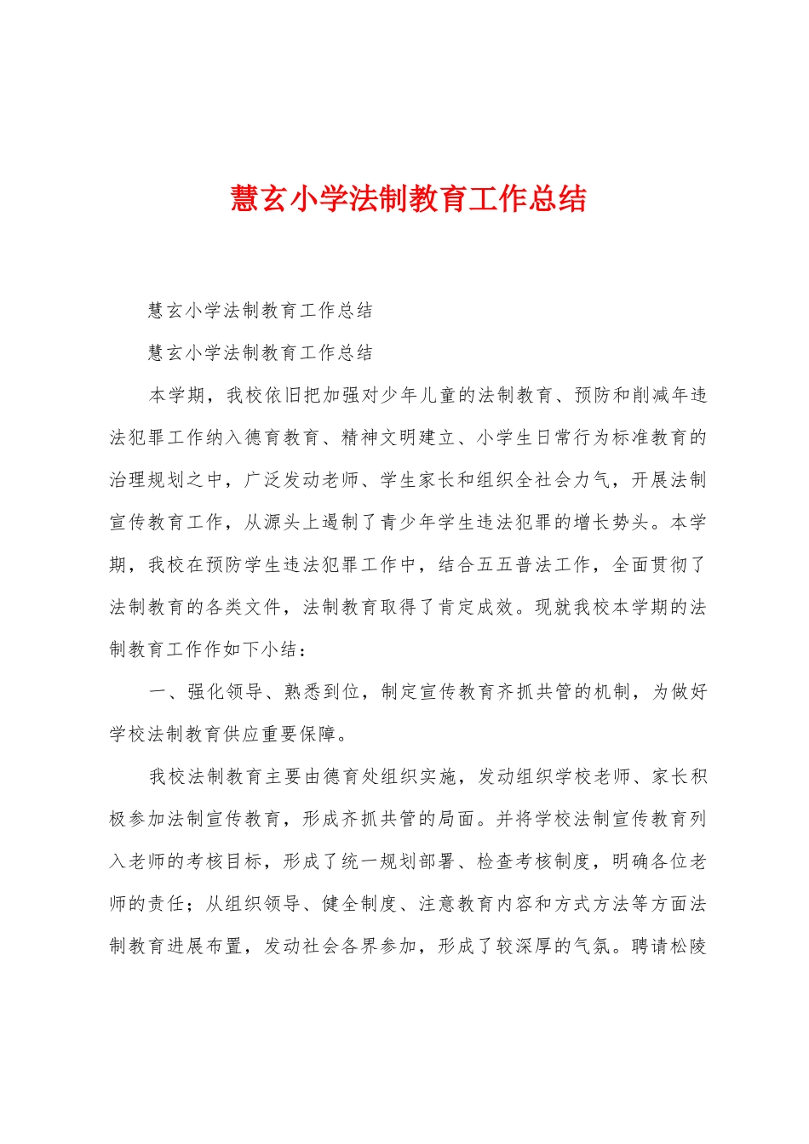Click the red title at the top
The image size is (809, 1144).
(408, 199)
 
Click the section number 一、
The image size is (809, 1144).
(168, 692)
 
